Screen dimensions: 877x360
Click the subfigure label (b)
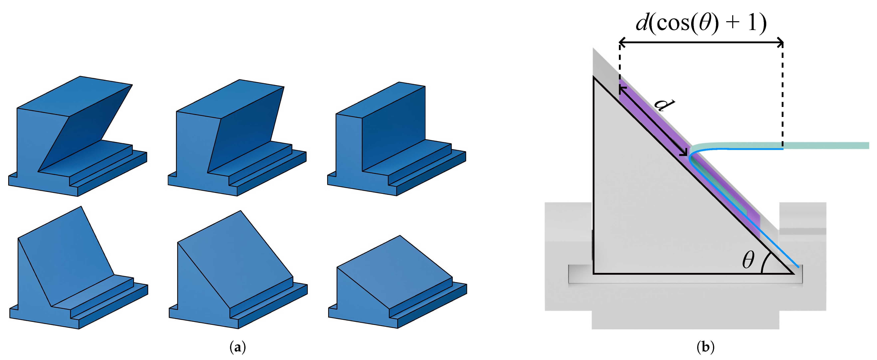pyautogui.click(x=705, y=347)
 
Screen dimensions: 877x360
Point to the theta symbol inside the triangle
pyautogui.click(x=748, y=260)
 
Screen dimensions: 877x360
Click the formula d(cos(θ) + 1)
pyautogui.click(x=701, y=23)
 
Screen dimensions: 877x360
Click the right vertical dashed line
pyautogui.click(x=783, y=95)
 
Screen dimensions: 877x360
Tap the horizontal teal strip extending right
pyautogui.click(x=780, y=146)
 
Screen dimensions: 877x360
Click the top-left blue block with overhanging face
pyautogui.click(x=78, y=136)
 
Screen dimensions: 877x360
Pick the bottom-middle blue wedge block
pyautogui.click(x=238, y=270)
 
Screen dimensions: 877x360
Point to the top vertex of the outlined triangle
pyautogui.click(x=594, y=77)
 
